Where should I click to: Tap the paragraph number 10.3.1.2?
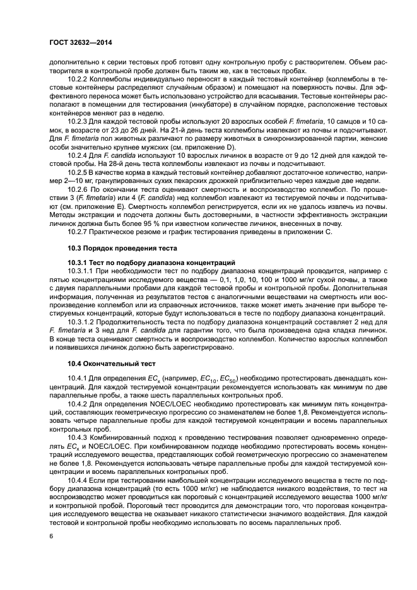83,322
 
